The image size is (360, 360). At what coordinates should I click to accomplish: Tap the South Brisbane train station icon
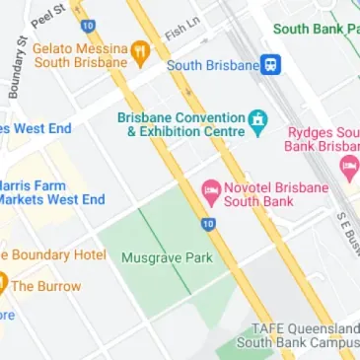click(x=270, y=65)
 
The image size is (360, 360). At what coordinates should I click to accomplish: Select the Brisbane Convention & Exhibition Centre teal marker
click(x=258, y=122)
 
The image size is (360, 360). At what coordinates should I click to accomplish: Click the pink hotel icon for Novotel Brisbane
click(x=210, y=189)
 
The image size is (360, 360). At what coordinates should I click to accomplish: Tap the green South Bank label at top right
click(x=316, y=30)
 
